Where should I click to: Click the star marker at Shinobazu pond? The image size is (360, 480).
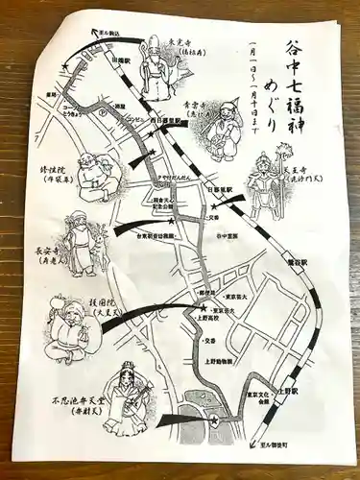(x=215, y=420)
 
